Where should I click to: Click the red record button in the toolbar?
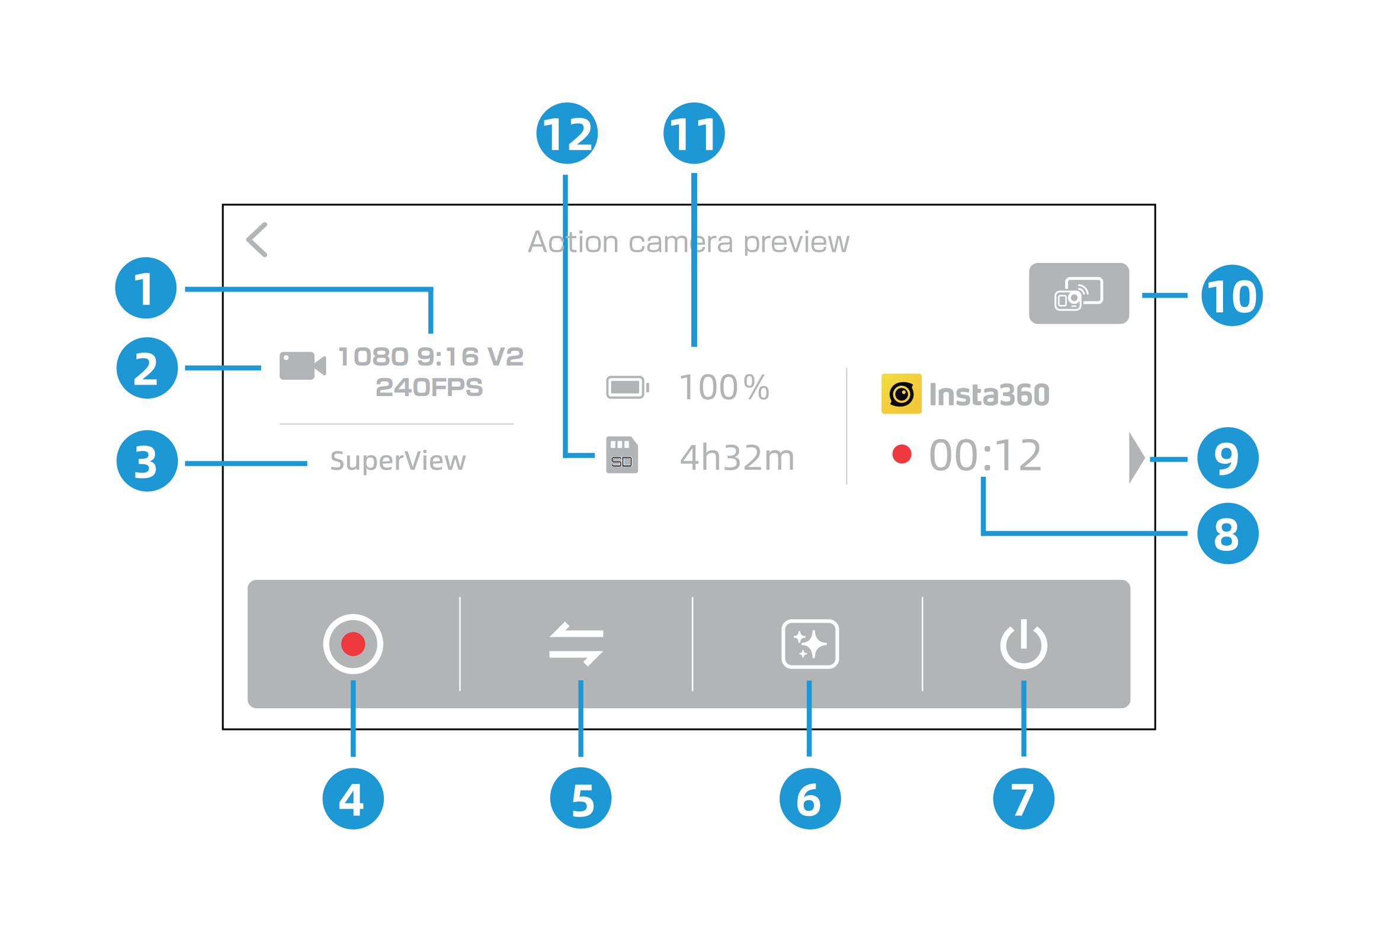[353, 643]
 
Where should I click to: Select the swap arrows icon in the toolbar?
[576, 643]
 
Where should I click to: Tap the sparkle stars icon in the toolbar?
[810, 643]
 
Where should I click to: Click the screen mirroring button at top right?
[1079, 293]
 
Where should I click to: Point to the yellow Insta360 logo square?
[901, 393]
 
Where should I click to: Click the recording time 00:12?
[985, 455]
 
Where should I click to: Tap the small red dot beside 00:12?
[902, 454]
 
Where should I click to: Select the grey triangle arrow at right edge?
[1136, 457]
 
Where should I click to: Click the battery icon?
[627, 388]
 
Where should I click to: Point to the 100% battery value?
[724, 388]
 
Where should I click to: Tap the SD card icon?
[621, 454]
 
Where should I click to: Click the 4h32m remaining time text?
[737, 457]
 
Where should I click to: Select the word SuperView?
[398, 460]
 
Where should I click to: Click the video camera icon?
[302, 366]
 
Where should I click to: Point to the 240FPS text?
[429, 387]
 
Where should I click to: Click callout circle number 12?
[567, 133]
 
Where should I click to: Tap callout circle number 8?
[1227, 533]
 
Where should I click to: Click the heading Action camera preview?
[688, 242]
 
